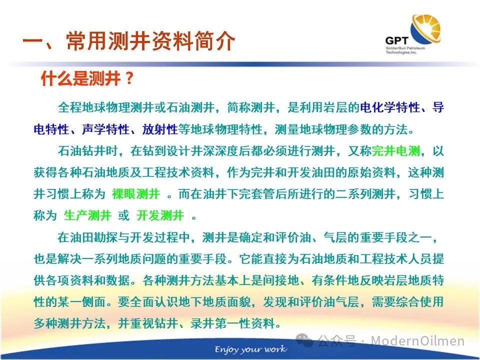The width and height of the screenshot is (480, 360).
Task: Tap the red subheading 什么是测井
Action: [81, 78]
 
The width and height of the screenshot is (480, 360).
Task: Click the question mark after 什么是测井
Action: [129, 78]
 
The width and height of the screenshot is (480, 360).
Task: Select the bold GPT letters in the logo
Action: [396, 40]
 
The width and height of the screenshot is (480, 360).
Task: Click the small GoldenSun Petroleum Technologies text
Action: [405, 50]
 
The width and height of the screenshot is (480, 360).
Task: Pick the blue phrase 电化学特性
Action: [389, 107]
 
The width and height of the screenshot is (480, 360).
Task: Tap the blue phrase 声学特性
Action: [105, 129]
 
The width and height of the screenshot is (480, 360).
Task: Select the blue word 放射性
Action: [160, 129]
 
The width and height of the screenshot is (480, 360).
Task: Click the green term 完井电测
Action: [395, 151]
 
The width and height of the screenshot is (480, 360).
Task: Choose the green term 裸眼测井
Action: [136, 194]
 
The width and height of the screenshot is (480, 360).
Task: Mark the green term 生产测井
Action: [87, 215]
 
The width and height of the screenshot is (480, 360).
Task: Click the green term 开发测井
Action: [160, 215]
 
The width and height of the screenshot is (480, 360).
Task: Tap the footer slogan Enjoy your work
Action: [250, 349]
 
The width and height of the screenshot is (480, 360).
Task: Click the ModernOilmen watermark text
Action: [417, 340]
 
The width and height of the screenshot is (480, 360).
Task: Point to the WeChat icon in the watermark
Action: [304, 340]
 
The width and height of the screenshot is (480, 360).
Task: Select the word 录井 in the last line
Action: [202, 323]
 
